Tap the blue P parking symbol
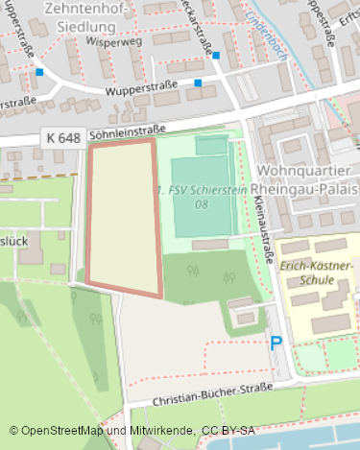(x=276, y=343)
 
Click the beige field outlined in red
(x=123, y=217)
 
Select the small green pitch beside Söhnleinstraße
(x=211, y=145)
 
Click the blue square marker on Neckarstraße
(x=217, y=56)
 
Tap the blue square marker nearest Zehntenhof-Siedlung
(x=39, y=71)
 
